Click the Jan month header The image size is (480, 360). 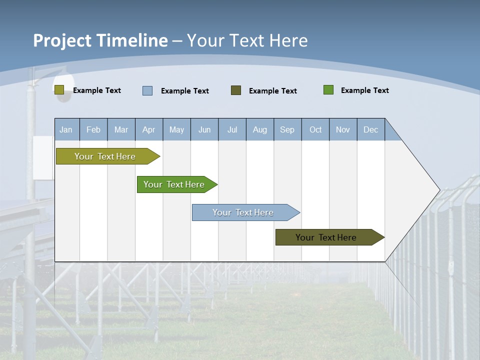tap(66, 129)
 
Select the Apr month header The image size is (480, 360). tap(149, 129)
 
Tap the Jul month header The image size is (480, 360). tap(232, 129)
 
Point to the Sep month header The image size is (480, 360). tap(287, 129)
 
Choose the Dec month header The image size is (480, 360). tap(370, 129)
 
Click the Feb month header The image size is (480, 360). tap(93, 129)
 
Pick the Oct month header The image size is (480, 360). tap(315, 129)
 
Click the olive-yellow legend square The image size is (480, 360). tap(59, 90)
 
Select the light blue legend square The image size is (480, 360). tap(147, 90)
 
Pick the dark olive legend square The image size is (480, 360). tap(236, 90)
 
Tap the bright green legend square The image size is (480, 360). tap(328, 90)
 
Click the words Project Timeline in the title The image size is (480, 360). tap(100, 40)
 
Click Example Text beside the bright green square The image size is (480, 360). tap(364, 90)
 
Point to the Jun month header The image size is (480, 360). tap(204, 129)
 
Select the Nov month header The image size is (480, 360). tap(343, 129)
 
